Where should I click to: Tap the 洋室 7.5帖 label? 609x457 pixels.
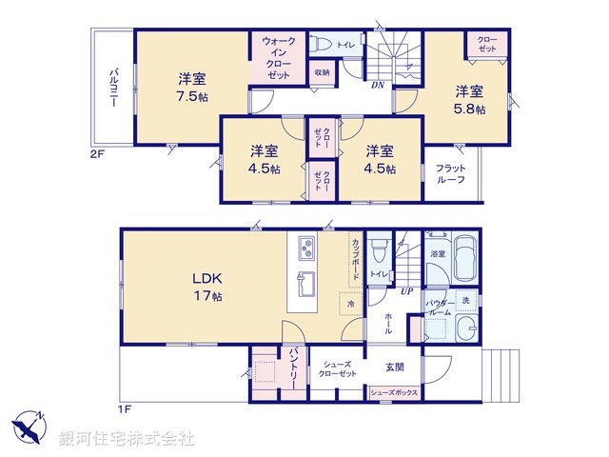pos(191,89)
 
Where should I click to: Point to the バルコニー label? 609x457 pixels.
pos(112,89)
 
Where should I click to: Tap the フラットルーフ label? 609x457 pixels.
pos(450,174)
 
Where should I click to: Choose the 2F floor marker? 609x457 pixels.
pos(96,152)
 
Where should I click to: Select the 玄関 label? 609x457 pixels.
pos(394,366)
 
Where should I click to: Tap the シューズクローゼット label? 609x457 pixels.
pos(340,368)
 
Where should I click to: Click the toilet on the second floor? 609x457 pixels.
pos(321,43)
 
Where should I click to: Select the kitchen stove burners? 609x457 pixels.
pos(308,248)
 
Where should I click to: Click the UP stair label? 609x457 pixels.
pos(405,290)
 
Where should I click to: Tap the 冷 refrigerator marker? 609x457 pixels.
pos(350,303)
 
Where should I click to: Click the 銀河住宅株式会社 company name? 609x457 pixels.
pos(127,439)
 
